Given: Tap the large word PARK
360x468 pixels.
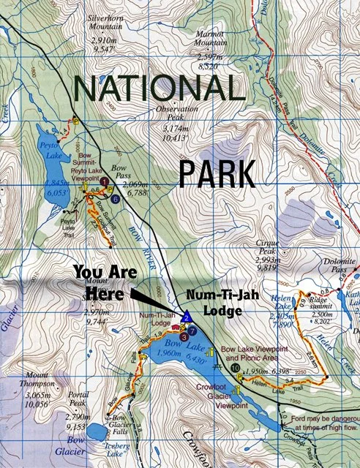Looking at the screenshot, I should (217, 174).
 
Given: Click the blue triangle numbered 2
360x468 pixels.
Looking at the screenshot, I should (187, 317).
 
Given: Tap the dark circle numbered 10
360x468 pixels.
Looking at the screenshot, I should (234, 370).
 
